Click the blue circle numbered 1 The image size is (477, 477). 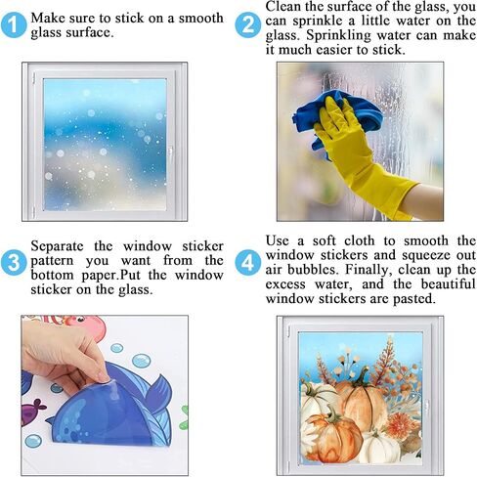pos(14,25)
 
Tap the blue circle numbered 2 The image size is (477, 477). pos(248,25)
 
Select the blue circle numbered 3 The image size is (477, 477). pos(14,262)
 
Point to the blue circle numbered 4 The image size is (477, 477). pos(248,262)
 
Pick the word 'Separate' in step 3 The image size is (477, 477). pos(57,246)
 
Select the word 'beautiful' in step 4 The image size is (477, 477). pos(449,283)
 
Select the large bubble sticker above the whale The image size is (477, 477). pos(141,361)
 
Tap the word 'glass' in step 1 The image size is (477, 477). pos(45,33)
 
